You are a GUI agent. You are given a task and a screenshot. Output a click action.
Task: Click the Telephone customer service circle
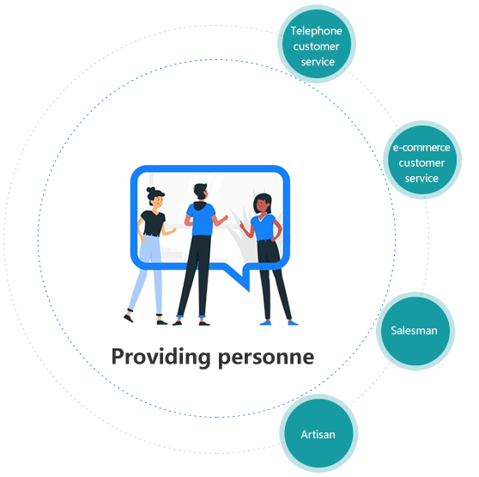(317, 44)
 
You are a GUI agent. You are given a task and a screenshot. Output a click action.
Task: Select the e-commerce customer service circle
(422, 160)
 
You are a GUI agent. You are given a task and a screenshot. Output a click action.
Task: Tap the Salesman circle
(415, 331)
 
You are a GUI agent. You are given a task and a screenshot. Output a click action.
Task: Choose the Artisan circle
(318, 433)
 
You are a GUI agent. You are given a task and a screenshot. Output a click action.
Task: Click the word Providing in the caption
(161, 358)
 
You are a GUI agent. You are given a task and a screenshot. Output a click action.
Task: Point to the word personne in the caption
(266, 358)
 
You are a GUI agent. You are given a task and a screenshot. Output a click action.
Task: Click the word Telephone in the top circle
(316, 31)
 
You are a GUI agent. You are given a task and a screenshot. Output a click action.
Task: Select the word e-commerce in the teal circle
(421, 148)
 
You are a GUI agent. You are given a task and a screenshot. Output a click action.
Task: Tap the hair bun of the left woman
(151, 190)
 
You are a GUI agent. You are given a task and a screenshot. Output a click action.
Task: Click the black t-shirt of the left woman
(153, 223)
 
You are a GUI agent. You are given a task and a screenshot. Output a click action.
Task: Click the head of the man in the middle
(201, 192)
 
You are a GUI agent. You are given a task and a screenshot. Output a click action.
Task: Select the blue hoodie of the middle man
(201, 219)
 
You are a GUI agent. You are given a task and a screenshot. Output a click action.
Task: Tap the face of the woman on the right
(262, 205)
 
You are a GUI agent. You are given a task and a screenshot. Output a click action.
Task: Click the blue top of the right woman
(263, 227)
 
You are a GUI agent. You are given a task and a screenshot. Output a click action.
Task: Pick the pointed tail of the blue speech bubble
(249, 290)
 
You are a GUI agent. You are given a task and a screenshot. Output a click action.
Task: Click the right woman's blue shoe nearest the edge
(293, 322)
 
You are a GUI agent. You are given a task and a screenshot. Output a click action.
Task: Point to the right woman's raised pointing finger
(241, 223)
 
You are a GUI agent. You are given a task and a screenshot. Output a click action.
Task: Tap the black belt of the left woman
(152, 235)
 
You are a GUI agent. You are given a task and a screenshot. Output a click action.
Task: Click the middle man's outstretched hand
(225, 218)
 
